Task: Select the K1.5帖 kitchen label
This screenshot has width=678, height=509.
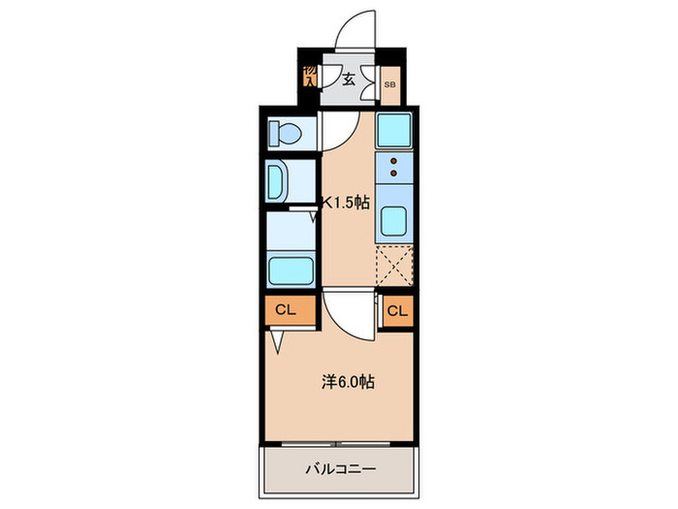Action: [x=346, y=203]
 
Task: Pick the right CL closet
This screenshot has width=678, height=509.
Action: [x=397, y=310]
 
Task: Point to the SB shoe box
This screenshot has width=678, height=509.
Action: [x=389, y=85]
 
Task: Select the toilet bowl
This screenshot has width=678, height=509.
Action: [x=287, y=132]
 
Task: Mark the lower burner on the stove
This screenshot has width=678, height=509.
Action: [x=394, y=175]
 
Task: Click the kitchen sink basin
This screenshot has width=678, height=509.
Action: [x=395, y=222]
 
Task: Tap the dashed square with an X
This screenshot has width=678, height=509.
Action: [x=395, y=264]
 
